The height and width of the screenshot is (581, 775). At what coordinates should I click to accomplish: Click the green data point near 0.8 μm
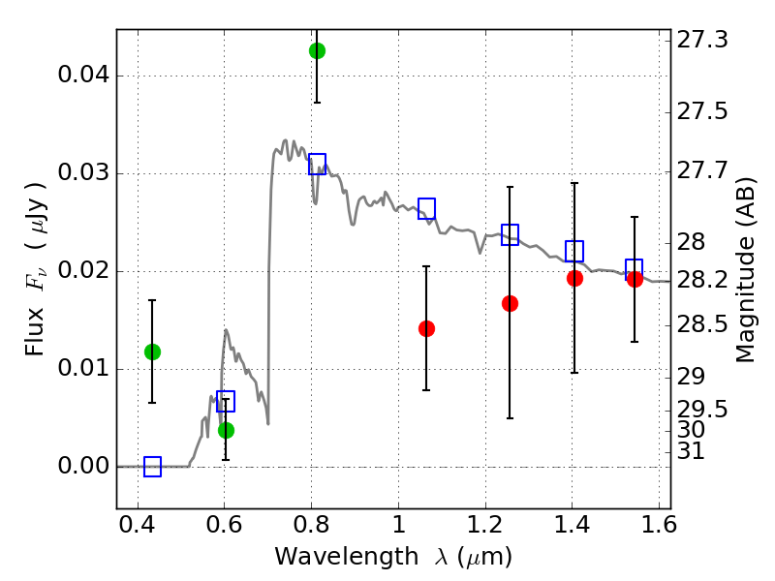318,50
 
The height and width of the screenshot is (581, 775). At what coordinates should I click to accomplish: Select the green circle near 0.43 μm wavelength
152,352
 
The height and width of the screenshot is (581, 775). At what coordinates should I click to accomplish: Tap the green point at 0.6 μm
226,430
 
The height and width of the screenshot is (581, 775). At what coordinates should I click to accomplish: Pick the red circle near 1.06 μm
426,328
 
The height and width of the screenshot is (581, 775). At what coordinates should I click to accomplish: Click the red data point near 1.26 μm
511,303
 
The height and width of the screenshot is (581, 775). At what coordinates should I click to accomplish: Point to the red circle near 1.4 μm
574,278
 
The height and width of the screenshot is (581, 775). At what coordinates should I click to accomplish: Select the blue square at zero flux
152,467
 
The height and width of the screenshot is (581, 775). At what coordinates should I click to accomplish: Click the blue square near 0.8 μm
318,164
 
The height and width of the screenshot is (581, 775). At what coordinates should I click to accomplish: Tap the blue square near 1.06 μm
426,208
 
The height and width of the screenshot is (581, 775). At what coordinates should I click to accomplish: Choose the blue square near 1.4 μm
574,252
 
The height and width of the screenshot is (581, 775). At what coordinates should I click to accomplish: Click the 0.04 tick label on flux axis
83,76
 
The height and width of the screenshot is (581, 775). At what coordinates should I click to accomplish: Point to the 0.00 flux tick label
83,466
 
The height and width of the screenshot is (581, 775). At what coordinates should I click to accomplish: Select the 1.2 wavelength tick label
485,525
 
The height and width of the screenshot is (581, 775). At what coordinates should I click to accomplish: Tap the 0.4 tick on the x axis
138,525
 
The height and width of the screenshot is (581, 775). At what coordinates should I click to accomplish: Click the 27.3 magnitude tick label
701,40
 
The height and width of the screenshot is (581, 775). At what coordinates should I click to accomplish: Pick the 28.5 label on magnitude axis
701,324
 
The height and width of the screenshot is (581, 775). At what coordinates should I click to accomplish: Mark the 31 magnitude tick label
691,450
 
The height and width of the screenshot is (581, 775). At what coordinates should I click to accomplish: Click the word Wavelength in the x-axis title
347,557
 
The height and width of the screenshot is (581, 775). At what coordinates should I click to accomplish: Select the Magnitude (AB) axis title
746,270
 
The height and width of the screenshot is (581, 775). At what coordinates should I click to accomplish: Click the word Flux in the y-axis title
35,331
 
